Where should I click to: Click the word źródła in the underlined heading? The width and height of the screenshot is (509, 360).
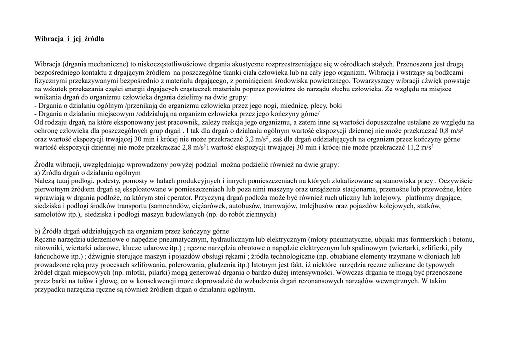click(x=94, y=38)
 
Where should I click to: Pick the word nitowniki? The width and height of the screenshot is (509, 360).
click(x=49, y=248)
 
